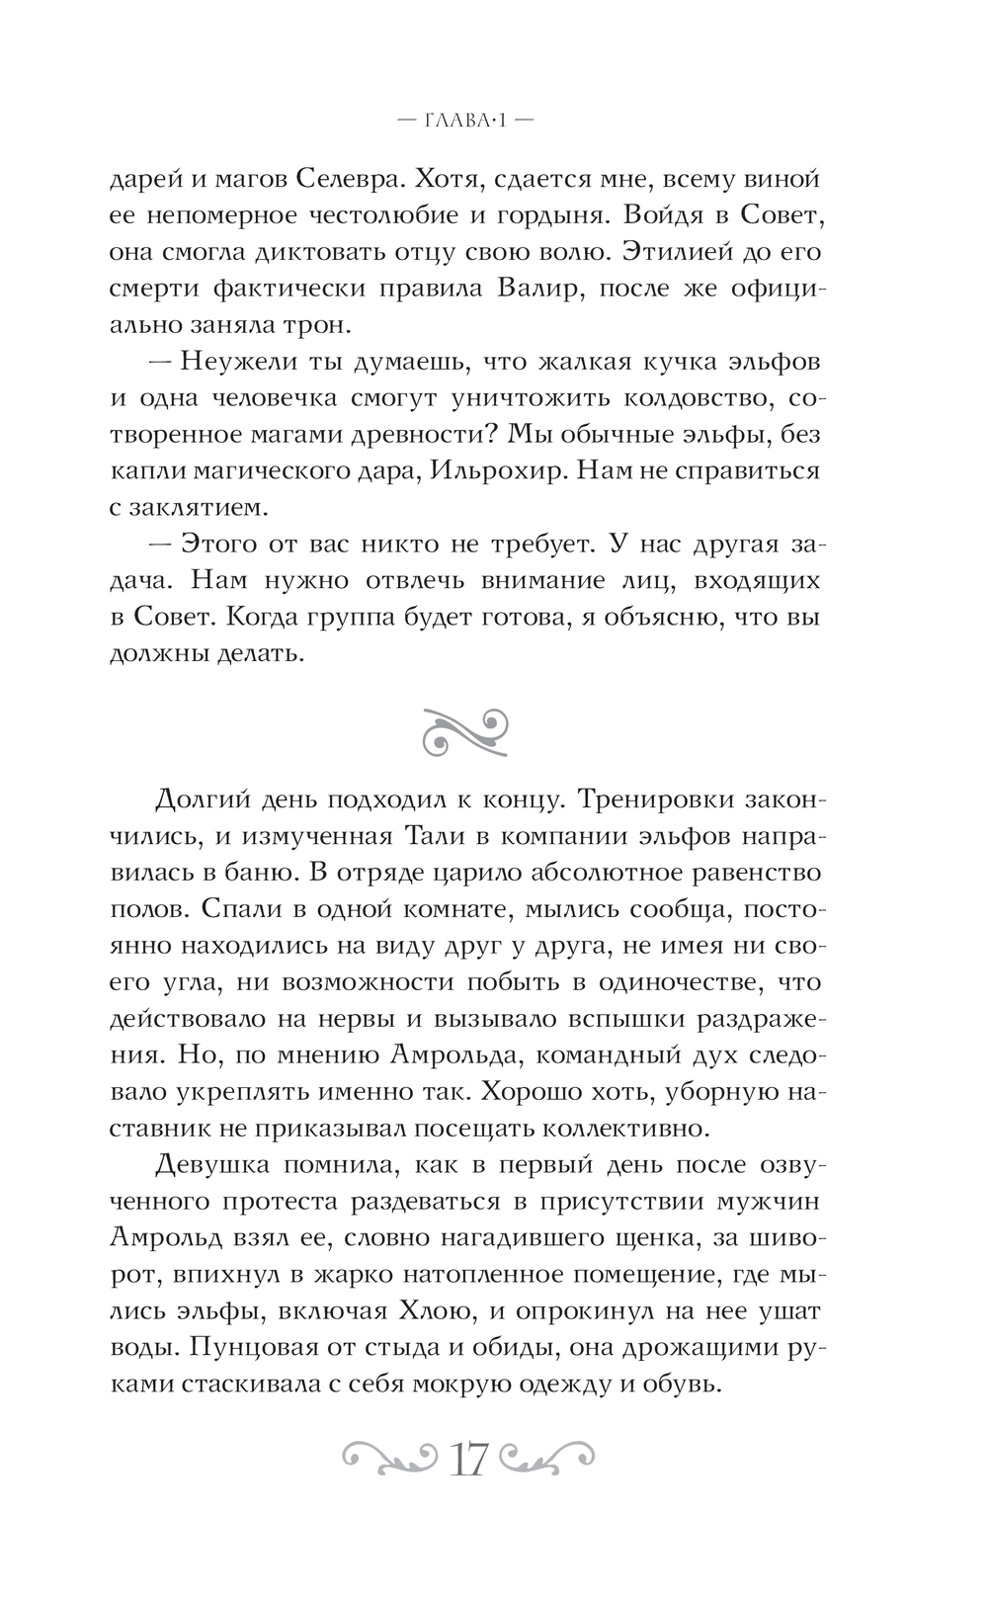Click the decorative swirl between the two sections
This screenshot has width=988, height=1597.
click(x=465, y=728)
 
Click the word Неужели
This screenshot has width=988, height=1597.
click(x=229, y=362)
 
